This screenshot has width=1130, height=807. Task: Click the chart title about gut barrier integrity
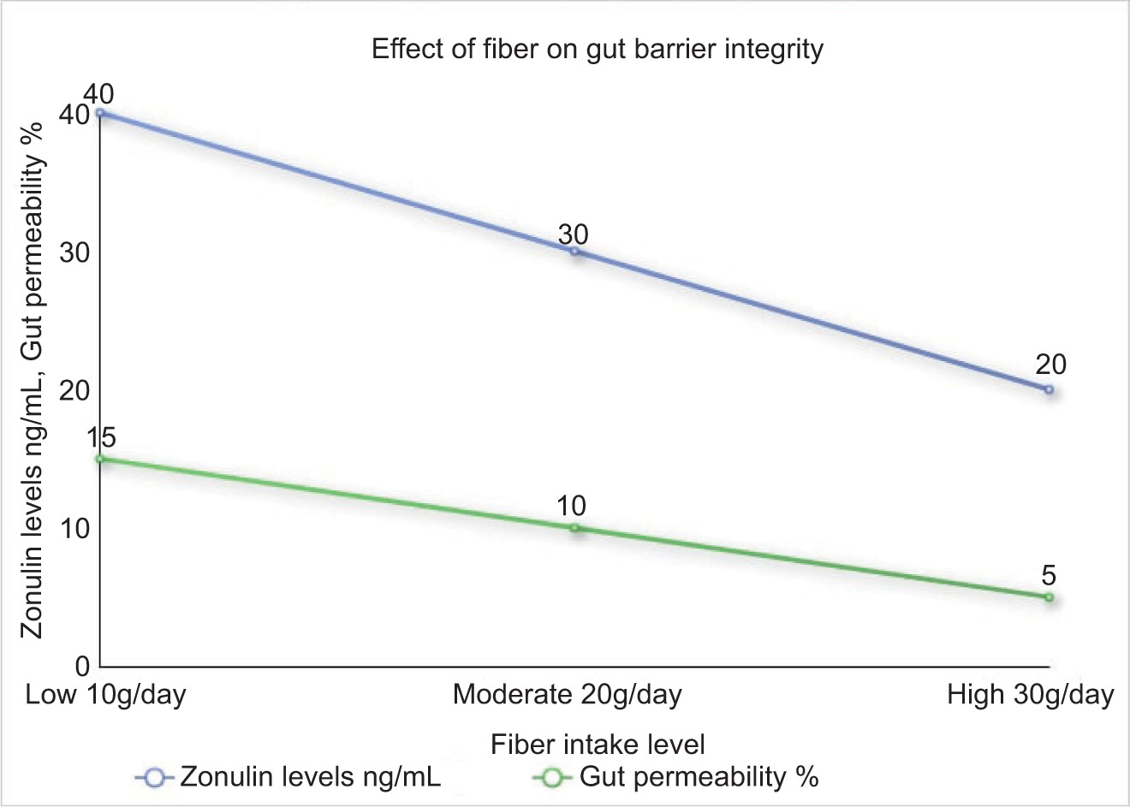[597, 49]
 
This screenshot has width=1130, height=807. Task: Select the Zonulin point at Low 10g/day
[100, 112]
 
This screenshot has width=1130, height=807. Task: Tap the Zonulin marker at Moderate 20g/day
[574, 252]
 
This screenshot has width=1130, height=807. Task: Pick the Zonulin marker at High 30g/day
[1049, 389]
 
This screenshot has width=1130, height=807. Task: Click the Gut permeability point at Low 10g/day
[100, 459]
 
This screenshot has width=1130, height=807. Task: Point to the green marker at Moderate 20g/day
[574, 528]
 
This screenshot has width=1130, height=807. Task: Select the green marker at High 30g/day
[1049, 596]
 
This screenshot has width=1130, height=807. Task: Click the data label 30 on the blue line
[574, 234]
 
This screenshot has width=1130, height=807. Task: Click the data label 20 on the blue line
[1050, 365]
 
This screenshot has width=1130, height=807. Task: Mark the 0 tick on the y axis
[83, 666]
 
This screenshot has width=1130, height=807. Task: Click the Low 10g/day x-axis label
[105, 694]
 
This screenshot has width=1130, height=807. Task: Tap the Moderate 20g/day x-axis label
[567, 694]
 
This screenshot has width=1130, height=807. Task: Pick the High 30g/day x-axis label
[1030, 694]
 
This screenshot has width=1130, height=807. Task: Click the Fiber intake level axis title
[598, 745]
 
